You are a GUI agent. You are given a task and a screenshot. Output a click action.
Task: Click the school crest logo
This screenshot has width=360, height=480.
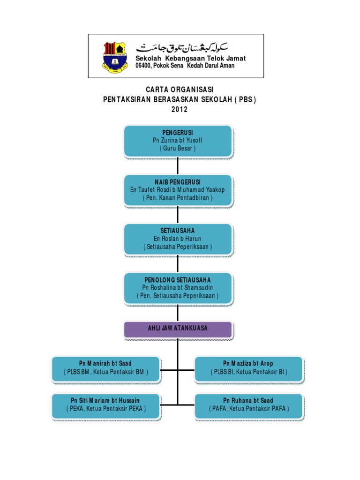pyautogui.click(x=115, y=57)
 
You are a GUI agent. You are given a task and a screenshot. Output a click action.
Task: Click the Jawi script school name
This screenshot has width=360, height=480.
pyautogui.click(x=182, y=47)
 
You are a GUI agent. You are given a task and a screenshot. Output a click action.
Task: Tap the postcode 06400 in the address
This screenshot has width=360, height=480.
pyautogui.click(x=143, y=66)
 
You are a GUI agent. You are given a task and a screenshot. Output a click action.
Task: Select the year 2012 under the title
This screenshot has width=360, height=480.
pyautogui.click(x=180, y=109)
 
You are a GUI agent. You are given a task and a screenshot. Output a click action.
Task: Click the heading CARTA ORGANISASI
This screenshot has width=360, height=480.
pyautogui.click(x=180, y=90)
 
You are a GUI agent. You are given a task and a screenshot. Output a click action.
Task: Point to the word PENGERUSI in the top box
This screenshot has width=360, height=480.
pyautogui.click(x=178, y=133)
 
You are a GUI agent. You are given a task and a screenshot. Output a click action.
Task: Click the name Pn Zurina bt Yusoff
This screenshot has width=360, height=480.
pyautogui.click(x=178, y=140)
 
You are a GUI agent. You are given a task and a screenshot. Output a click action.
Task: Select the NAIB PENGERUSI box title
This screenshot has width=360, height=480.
pyautogui.click(x=178, y=182)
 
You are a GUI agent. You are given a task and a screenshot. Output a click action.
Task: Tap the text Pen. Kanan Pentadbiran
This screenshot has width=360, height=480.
pyautogui.click(x=178, y=198)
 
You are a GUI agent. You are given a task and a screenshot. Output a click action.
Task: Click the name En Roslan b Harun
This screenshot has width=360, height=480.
pyautogui.click(x=178, y=239)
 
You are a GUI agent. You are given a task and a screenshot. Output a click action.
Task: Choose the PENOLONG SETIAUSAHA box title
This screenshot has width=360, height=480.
pyautogui.click(x=178, y=280)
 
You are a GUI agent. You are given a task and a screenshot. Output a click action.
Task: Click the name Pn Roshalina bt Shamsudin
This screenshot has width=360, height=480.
pyautogui.click(x=178, y=287)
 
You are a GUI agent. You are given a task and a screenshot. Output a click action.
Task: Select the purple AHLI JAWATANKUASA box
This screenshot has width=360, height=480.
pyautogui.click(x=178, y=330)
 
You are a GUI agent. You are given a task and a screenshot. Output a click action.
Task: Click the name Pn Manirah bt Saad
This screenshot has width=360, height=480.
pyautogui.click(x=105, y=363)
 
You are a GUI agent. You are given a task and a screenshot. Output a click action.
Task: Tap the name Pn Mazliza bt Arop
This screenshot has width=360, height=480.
pyautogui.click(x=248, y=363)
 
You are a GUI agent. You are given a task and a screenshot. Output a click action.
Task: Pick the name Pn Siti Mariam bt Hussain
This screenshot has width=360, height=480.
pyautogui.click(x=105, y=400)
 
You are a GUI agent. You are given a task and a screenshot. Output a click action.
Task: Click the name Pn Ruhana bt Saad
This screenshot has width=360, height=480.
pyautogui.click(x=248, y=400)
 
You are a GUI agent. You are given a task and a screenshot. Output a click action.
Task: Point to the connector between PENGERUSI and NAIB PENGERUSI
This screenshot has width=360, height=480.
pyautogui.click(x=178, y=166)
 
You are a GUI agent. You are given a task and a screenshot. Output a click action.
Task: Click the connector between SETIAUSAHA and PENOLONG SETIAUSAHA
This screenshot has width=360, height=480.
pyautogui.click(x=178, y=263)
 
